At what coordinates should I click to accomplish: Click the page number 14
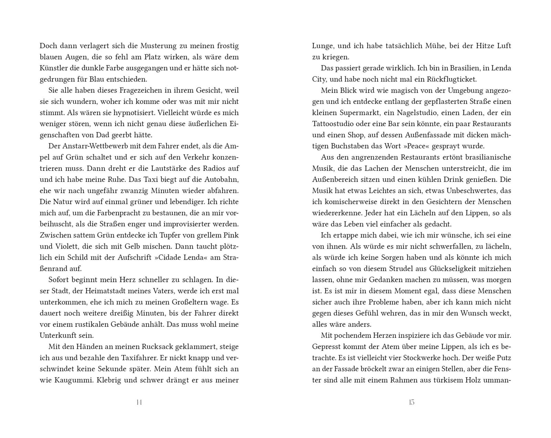(139, 402)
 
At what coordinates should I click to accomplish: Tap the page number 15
(412, 402)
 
